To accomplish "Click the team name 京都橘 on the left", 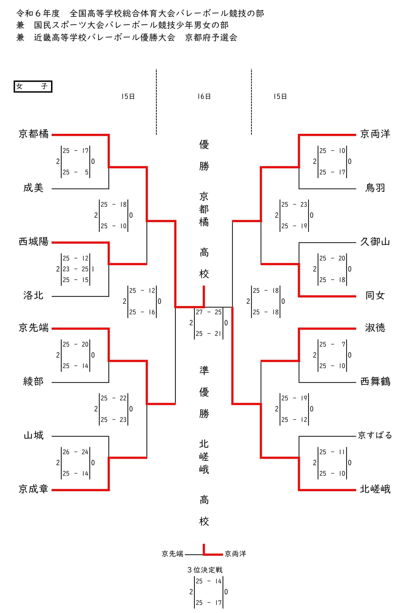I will pyautogui.click(x=33, y=134).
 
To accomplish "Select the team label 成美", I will pyautogui.click(x=33, y=188).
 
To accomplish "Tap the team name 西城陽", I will pyautogui.click(x=33, y=242).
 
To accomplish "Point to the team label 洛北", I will pyautogui.click(x=33, y=296).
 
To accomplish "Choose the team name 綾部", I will pyautogui.click(x=33, y=381).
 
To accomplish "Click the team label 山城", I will pyautogui.click(x=33, y=435).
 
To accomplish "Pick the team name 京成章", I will pyautogui.click(x=33, y=489).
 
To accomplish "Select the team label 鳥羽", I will pyautogui.click(x=375, y=188).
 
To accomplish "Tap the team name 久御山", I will pyautogui.click(x=375, y=242).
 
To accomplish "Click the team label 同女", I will pyautogui.click(x=375, y=296).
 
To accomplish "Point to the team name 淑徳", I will pyautogui.click(x=375, y=328).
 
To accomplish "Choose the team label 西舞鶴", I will pyautogui.click(x=375, y=381).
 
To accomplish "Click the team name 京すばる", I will pyautogui.click(x=375, y=435).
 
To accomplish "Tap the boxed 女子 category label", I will pyautogui.click(x=33, y=86).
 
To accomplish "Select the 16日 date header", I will pyautogui.click(x=204, y=97).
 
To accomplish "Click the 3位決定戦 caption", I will pyautogui.click(x=205, y=570).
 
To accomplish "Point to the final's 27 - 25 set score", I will pyautogui.click(x=209, y=312).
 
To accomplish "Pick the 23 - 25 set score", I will pyautogui.click(x=75, y=269).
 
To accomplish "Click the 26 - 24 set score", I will pyautogui.click(x=75, y=452).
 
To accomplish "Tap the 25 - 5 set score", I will pyautogui.click(x=75, y=172).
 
